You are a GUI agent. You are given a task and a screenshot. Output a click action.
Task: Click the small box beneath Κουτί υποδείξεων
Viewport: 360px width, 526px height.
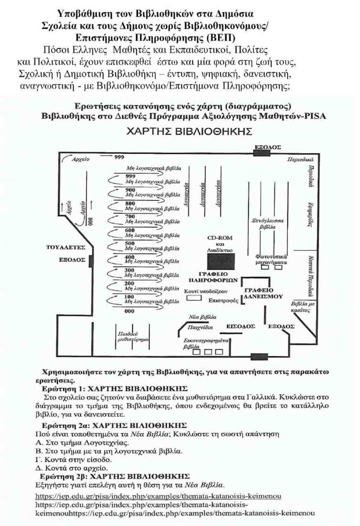[x=193, y=298]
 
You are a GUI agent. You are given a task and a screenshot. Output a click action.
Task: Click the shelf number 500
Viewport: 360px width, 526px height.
[x=129, y=243]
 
